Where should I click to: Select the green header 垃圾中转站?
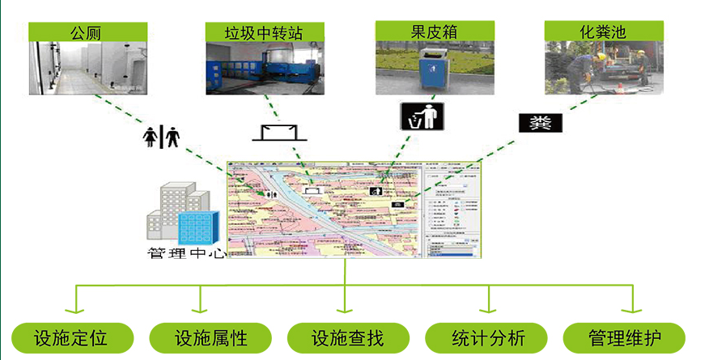[x=264, y=32]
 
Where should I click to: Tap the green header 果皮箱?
[x=434, y=32]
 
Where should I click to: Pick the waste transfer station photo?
[x=264, y=68]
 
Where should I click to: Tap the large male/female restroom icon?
[x=161, y=138]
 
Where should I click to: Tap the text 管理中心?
[x=185, y=252]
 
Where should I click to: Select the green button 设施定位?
[x=71, y=337]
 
